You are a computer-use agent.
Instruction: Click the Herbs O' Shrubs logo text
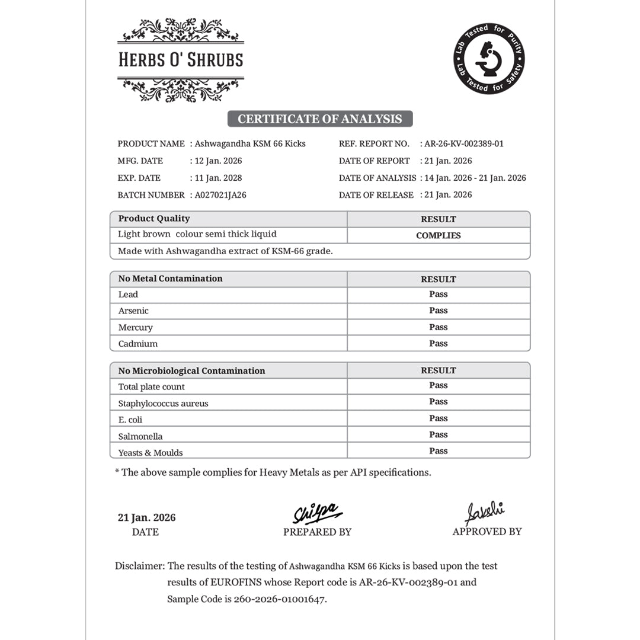(x=181, y=60)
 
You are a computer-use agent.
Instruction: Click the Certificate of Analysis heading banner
(x=320, y=119)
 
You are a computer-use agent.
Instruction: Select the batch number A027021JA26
(x=220, y=195)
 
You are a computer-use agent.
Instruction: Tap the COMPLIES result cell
(x=438, y=235)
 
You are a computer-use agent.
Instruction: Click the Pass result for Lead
(x=438, y=295)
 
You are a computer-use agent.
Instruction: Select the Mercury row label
(x=135, y=327)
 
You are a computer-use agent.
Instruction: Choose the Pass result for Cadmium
(x=438, y=344)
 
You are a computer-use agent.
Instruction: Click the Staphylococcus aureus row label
(x=163, y=404)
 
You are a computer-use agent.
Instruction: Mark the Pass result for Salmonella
(x=438, y=435)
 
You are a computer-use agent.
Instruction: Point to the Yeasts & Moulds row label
(x=151, y=453)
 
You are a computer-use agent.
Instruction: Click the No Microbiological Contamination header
(x=191, y=371)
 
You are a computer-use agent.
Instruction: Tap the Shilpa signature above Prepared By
(x=318, y=512)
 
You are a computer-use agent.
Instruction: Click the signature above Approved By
(x=484, y=511)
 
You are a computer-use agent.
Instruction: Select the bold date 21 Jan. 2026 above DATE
(x=146, y=517)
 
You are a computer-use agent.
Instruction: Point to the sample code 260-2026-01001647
(x=280, y=599)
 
